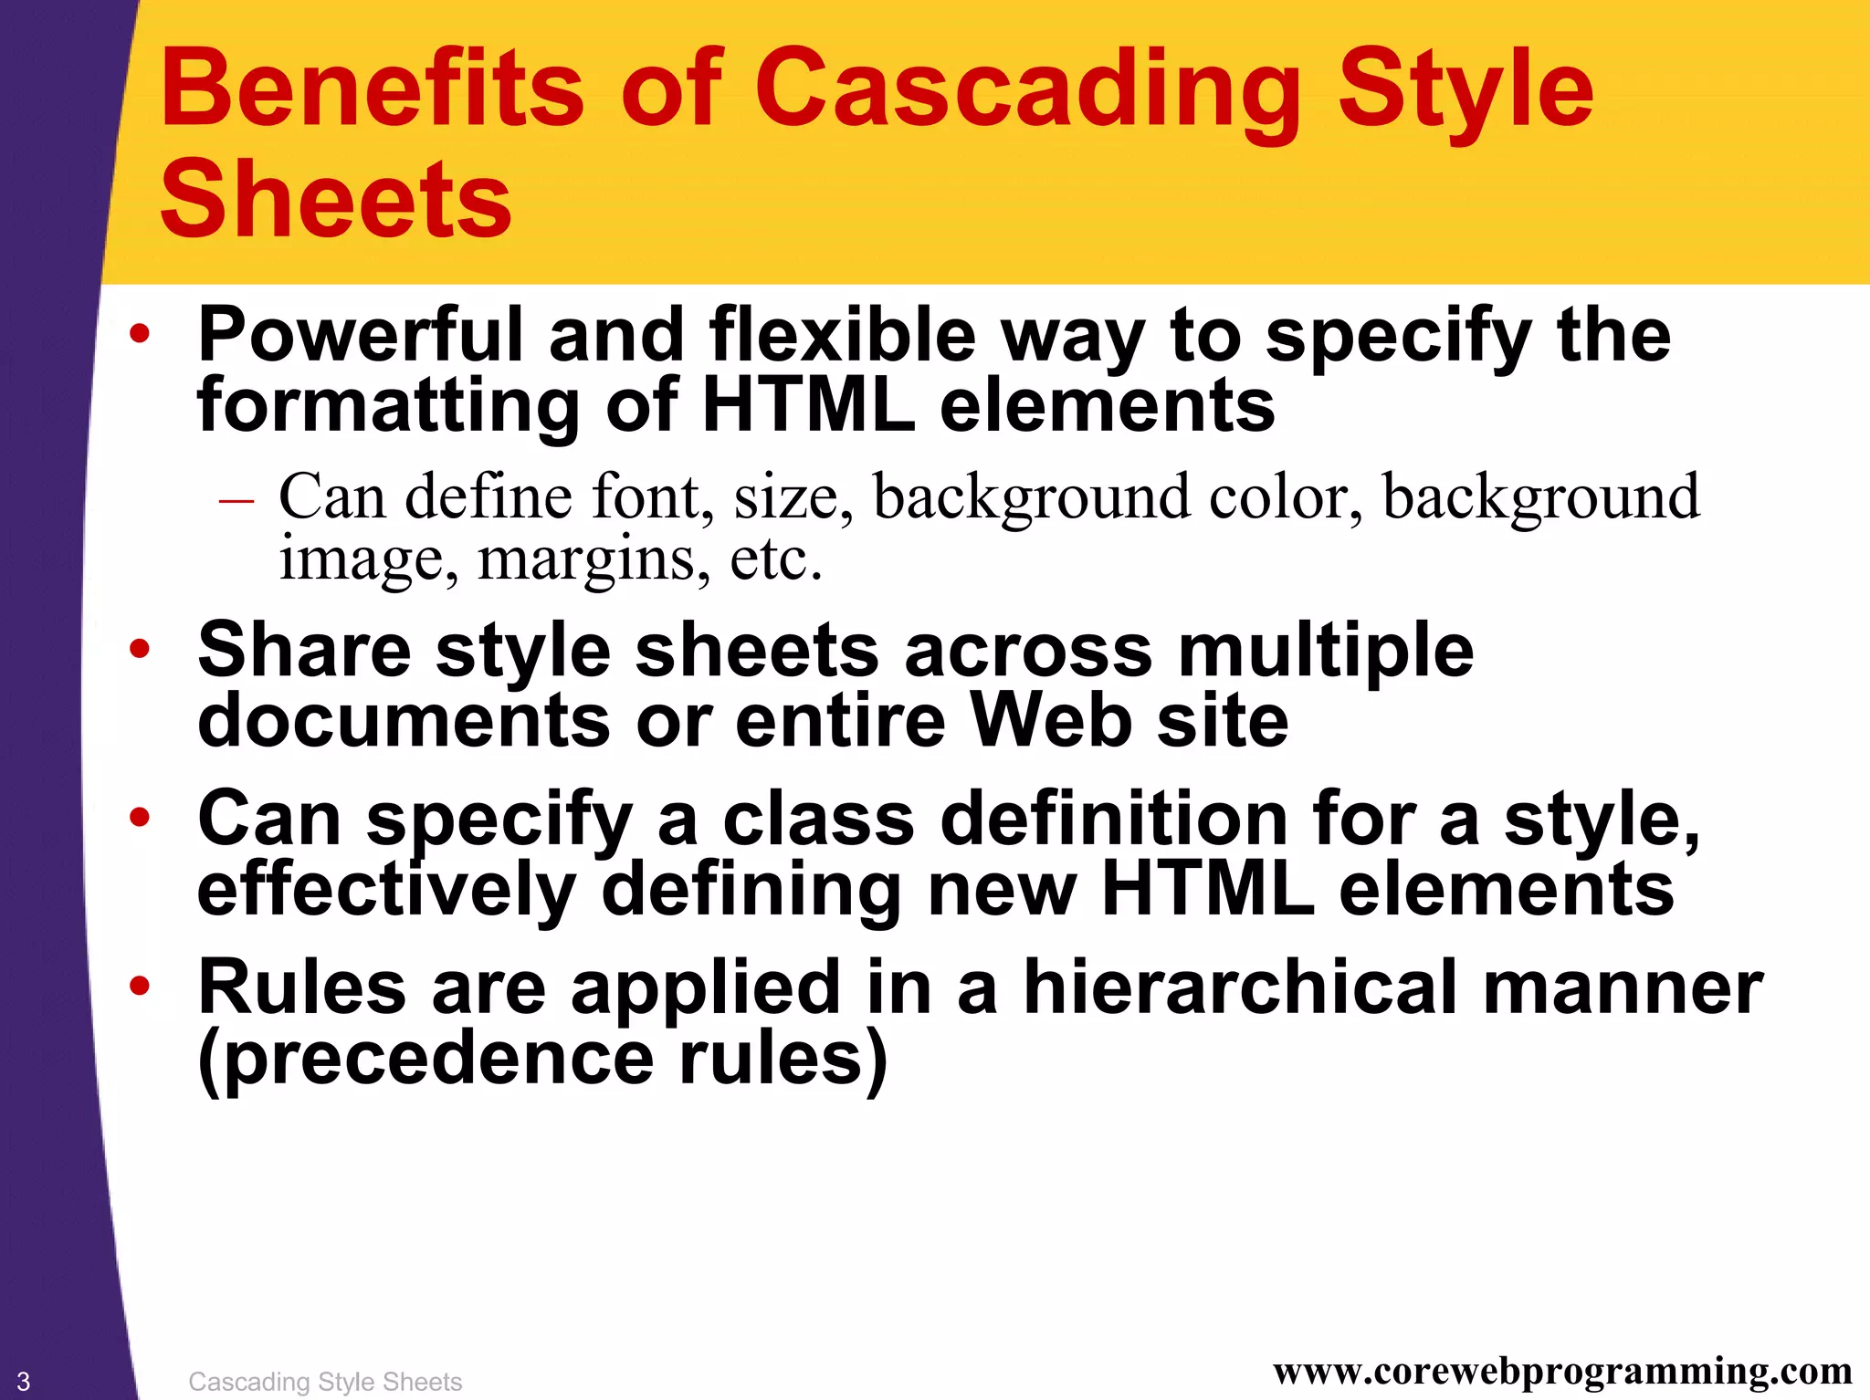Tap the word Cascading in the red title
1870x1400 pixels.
[1026, 91]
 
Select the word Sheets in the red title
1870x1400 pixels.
[335, 200]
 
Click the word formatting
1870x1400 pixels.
[388, 405]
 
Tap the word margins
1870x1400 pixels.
[593, 559]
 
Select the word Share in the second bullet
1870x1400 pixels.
[304, 651]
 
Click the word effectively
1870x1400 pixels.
[386, 890]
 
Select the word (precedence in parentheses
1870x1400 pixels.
[425, 1059]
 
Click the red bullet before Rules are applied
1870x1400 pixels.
[139, 987]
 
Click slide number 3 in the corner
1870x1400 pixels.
[24, 1381]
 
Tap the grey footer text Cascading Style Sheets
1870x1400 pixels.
[325, 1382]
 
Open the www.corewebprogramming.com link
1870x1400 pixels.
[1562, 1372]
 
